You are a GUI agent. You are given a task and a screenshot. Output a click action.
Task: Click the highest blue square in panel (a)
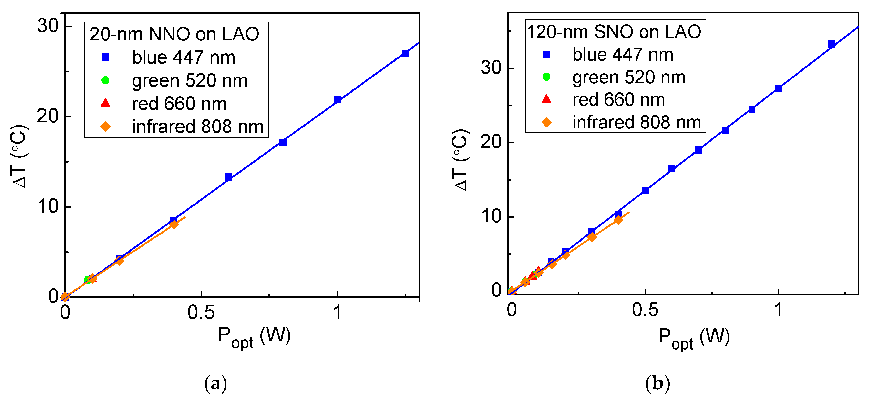coord(405,53)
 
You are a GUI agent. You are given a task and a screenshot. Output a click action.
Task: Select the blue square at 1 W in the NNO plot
coord(337,100)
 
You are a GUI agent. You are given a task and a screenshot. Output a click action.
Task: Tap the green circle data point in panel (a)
coord(88,279)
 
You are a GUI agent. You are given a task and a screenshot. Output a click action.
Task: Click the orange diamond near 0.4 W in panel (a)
coord(174,224)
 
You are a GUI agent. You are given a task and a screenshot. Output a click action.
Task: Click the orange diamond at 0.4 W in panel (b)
coord(618,220)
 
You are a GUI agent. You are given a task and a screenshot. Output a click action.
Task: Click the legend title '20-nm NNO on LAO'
coord(174,34)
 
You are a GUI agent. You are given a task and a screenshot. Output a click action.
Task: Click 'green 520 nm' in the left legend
coord(190,80)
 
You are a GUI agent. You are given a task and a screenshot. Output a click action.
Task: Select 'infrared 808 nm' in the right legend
coord(636,122)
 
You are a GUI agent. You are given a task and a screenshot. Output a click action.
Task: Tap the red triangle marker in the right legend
coord(546,99)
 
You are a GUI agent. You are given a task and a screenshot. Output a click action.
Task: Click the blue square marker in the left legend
coord(106,58)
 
